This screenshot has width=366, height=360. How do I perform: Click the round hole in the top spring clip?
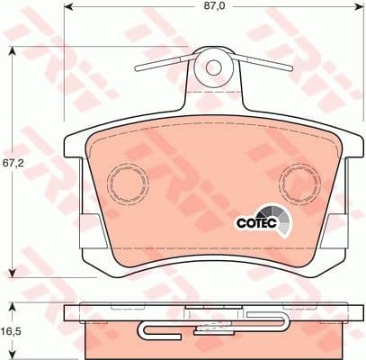pyautogui.click(x=214, y=67)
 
